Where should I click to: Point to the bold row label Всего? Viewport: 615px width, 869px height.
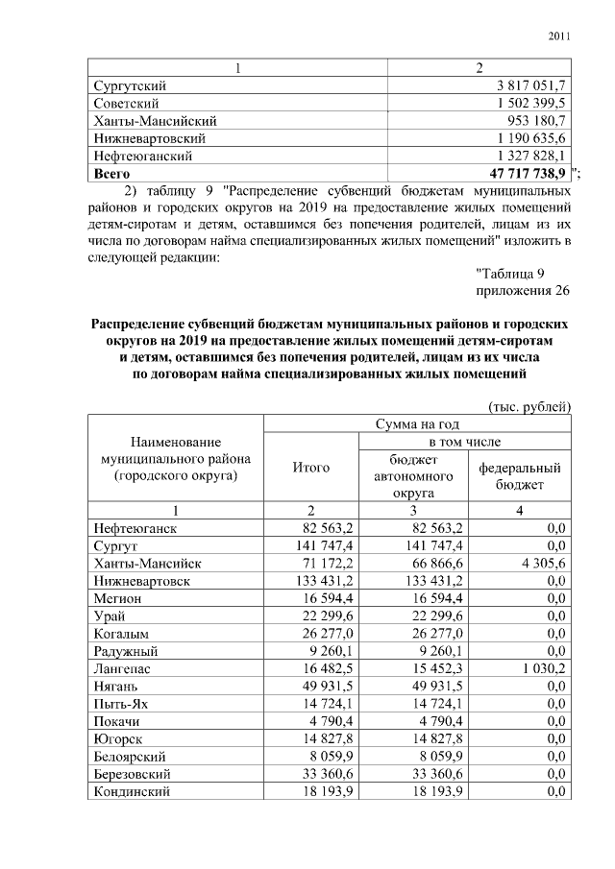coord(111,173)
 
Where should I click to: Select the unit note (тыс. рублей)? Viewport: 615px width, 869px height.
coord(529,406)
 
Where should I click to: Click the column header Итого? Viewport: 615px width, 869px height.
coord(310,468)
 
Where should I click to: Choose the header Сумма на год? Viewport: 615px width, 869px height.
coord(416,423)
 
